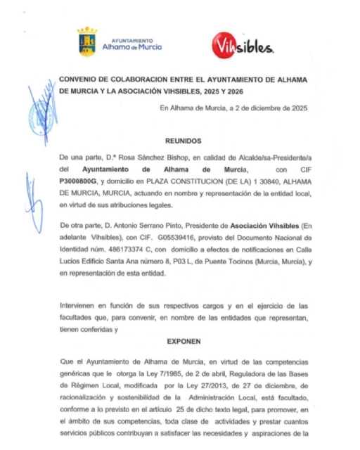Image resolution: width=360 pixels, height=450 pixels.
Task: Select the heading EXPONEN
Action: (184, 340)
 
